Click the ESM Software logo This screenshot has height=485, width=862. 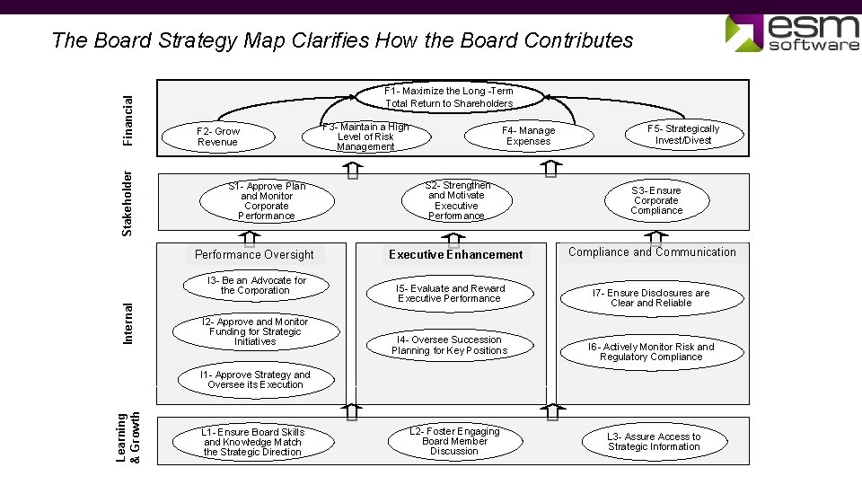792,33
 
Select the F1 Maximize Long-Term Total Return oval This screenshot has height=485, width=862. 449,97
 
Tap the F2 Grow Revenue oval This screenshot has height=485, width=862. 218,137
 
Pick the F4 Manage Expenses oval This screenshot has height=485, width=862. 529,136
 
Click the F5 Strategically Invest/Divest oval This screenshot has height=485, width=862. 683,135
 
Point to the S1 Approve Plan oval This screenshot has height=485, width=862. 267,201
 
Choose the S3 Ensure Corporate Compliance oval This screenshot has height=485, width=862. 656,200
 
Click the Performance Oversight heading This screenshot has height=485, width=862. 254,255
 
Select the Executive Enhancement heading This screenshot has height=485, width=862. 455,255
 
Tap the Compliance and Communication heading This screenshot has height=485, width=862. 652,252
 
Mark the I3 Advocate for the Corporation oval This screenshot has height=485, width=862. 256,286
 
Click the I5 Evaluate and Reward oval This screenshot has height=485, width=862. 450,294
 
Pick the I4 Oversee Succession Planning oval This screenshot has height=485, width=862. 449,345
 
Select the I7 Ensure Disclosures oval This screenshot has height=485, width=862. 651,298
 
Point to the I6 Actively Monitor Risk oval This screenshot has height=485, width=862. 651,352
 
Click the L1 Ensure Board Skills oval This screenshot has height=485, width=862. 253,442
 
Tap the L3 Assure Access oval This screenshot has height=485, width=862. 654,442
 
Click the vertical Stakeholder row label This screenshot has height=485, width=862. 128,203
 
